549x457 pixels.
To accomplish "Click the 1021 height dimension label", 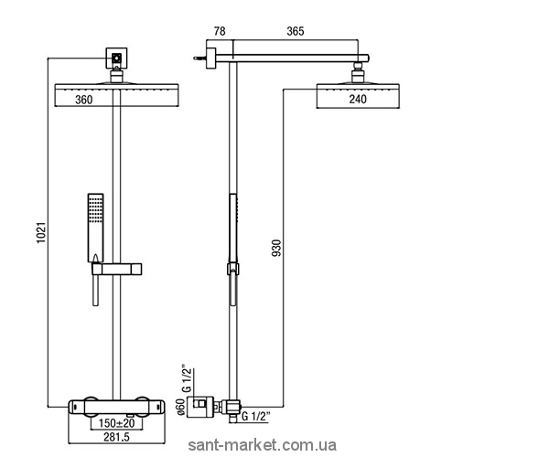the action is (x=42, y=232).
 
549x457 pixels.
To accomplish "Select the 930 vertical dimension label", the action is (x=276, y=248).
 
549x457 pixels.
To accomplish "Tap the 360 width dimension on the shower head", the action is (x=84, y=100).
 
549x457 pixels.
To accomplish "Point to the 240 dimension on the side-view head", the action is (x=358, y=99).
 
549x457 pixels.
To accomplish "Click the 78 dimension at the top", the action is (x=220, y=31).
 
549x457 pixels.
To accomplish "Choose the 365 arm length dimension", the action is (x=296, y=31).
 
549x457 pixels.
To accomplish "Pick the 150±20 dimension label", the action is (x=116, y=423).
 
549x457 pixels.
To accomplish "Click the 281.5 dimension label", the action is (x=116, y=437).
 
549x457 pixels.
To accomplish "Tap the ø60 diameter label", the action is (x=181, y=408).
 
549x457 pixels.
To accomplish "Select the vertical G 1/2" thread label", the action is (x=188, y=380).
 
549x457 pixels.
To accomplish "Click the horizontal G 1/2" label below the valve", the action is (x=256, y=416).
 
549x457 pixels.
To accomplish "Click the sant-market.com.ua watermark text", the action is (x=263, y=445).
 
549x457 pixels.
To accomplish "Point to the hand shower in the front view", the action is (x=95, y=228).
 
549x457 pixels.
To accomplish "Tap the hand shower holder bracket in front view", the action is (x=117, y=270).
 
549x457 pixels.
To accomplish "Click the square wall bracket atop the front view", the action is (x=116, y=58).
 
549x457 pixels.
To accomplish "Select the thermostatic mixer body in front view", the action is (x=116, y=408).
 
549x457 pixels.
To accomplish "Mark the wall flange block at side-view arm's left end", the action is (x=210, y=58).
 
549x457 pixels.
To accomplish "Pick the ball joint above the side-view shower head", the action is (x=358, y=72).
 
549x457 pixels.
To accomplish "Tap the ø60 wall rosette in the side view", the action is (x=200, y=407).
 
